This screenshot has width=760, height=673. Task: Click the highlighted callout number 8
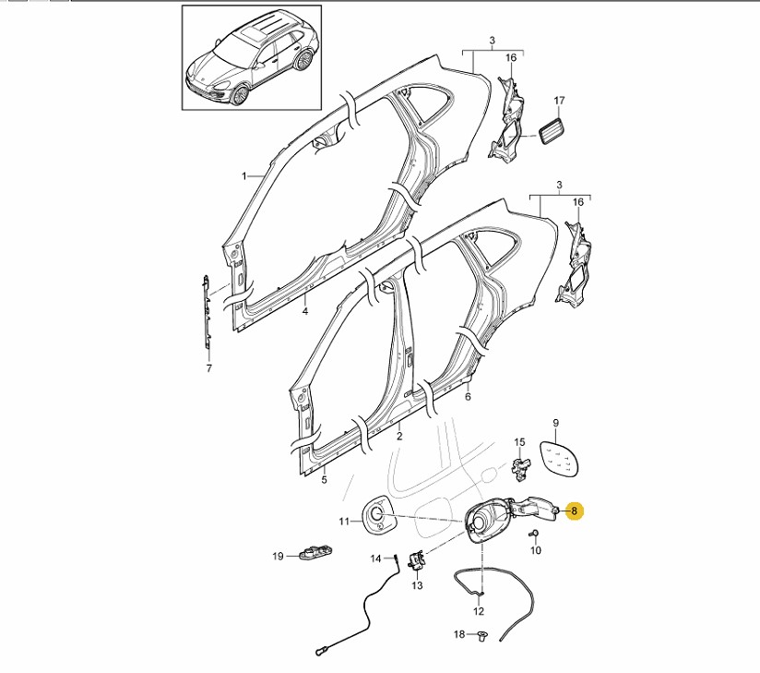574,510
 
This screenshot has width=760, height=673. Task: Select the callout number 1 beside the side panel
244,175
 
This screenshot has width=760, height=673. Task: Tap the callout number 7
208,369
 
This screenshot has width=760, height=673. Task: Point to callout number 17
559,101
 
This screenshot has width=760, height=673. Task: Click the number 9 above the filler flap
555,424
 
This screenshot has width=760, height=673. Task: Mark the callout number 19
278,556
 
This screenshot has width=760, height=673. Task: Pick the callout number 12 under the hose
479,611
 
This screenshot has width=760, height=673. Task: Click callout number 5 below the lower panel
324,480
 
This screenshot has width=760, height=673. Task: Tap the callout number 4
305,311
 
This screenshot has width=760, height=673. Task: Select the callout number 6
468,397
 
